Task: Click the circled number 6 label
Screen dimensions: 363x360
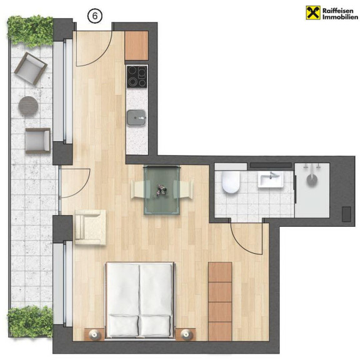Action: point(95,16)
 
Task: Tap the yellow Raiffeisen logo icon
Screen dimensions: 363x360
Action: point(313,12)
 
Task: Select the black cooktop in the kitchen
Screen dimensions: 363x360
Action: point(137,77)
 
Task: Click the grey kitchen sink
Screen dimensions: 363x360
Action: point(137,118)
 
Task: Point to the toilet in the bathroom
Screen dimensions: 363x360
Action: point(231,182)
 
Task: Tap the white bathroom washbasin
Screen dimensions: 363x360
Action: point(271,179)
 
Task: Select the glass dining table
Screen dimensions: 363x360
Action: point(162,190)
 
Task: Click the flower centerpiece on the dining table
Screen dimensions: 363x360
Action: point(161,190)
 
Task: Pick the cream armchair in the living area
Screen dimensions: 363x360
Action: point(91,227)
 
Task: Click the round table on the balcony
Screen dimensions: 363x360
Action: point(28,106)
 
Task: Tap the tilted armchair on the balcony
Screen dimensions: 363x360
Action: point(31,69)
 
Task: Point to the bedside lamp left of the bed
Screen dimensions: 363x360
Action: point(94,334)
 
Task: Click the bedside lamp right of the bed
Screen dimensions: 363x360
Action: point(186,334)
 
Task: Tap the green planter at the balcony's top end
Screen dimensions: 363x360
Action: point(31,31)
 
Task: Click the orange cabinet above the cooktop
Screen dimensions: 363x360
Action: point(136,46)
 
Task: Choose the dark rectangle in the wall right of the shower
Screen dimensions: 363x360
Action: point(347,214)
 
